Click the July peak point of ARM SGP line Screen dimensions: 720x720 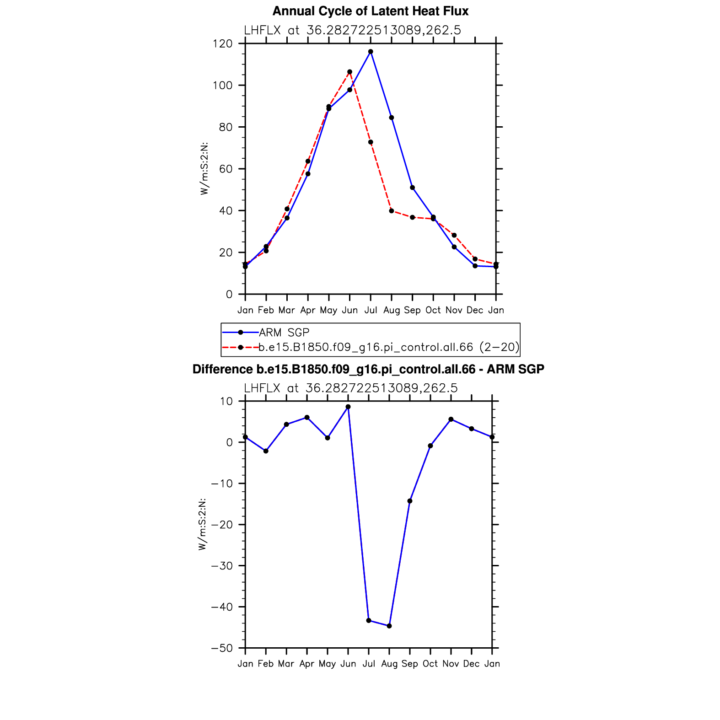[371, 52]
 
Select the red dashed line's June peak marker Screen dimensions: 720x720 [349, 72]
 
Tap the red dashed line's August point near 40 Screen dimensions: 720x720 [392, 211]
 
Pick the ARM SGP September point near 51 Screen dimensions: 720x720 [413, 188]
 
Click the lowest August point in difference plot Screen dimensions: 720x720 [389, 626]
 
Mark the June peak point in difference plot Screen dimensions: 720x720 [348, 407]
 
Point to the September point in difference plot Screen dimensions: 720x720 [410, 501]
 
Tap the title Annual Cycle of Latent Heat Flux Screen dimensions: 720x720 [371, 11]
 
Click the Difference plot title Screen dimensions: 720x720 [368, 369]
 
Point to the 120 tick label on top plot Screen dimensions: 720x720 [223, 44]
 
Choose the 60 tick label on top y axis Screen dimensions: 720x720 [226, 169]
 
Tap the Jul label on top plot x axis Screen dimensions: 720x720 [371, 310]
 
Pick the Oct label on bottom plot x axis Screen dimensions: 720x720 [430, 664]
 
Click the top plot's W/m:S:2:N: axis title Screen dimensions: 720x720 [204, 169]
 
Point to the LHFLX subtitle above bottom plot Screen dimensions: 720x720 [351, 388]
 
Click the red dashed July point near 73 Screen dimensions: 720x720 [371, 142]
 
